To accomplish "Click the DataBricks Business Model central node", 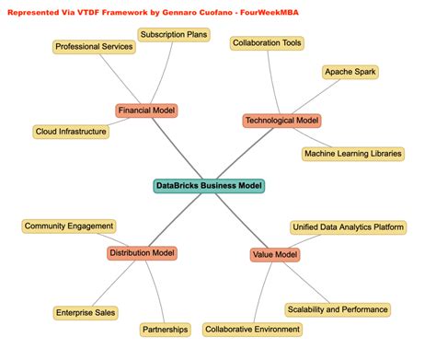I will [x=209, y=186].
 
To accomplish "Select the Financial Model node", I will [x=146, y=110].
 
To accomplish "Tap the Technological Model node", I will [x=281, y=121].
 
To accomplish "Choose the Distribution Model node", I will [x=142, y=253].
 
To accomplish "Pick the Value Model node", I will [x=274, y=255].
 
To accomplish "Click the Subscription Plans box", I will [x=174, y=36].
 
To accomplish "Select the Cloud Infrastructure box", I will [x=71, y=132].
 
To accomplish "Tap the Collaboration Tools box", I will [x=267, y=43].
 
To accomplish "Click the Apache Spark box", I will [x=350, y=72].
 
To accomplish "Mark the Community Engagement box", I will [x=69, y=226].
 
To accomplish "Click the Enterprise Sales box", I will [x=86, y=313].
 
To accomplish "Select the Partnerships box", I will [x=166, y=329].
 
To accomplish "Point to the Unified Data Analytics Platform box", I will [x=348, y=226].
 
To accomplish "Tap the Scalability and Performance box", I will [x=337, y=309].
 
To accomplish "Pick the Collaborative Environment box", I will [x=252, y=329].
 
